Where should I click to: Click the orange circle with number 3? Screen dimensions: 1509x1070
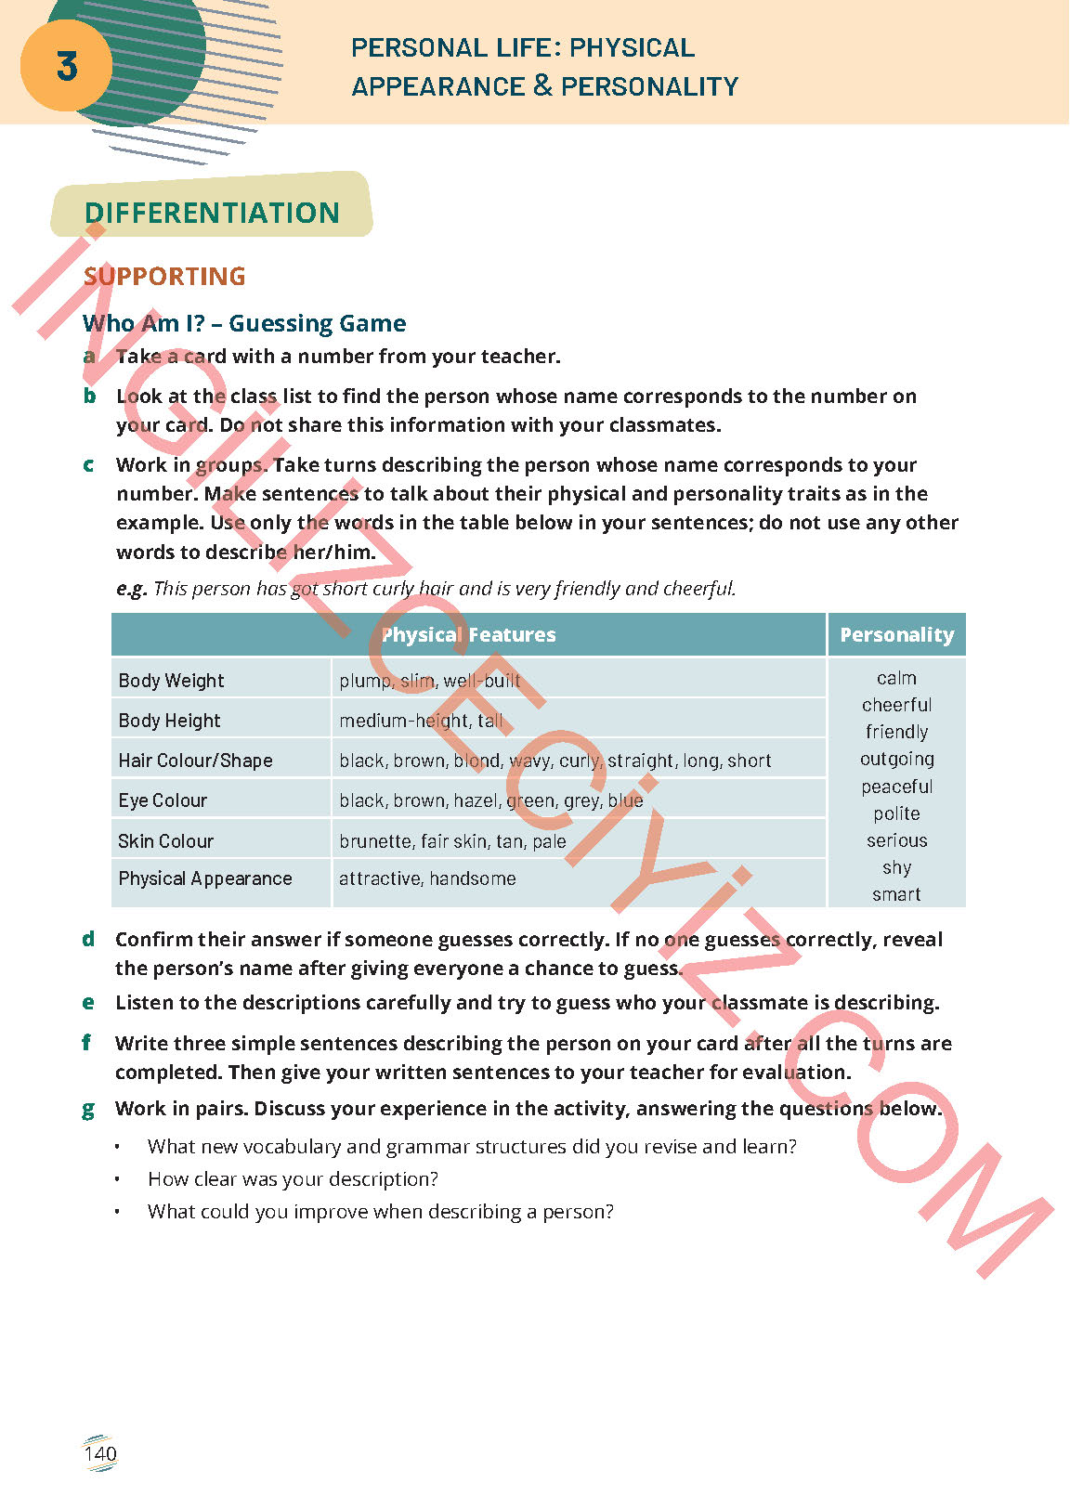66,66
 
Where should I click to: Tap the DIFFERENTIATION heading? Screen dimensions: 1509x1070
212,213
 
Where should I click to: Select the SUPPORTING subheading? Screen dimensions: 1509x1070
164,276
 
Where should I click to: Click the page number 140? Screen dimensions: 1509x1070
100,1453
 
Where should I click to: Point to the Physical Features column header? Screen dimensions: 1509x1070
468,635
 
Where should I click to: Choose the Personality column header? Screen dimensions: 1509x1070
896,635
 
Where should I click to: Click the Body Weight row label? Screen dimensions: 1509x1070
172,681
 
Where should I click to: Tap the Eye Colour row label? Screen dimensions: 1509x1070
163,800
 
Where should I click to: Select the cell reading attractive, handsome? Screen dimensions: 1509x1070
427,878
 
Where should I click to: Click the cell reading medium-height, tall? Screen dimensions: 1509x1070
421,721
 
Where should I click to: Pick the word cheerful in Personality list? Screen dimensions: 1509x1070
896,705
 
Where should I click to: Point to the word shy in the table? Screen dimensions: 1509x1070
896,867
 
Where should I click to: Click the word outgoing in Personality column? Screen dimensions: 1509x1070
896,759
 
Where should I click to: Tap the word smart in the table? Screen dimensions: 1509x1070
896,894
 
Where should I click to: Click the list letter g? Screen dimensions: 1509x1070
88,1109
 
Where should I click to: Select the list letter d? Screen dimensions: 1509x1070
88,939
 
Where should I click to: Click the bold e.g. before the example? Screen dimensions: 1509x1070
131,589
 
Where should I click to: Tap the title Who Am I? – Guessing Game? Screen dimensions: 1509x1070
244,323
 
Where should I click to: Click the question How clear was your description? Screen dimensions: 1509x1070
293,1179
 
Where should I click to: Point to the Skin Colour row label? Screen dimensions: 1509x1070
165,841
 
